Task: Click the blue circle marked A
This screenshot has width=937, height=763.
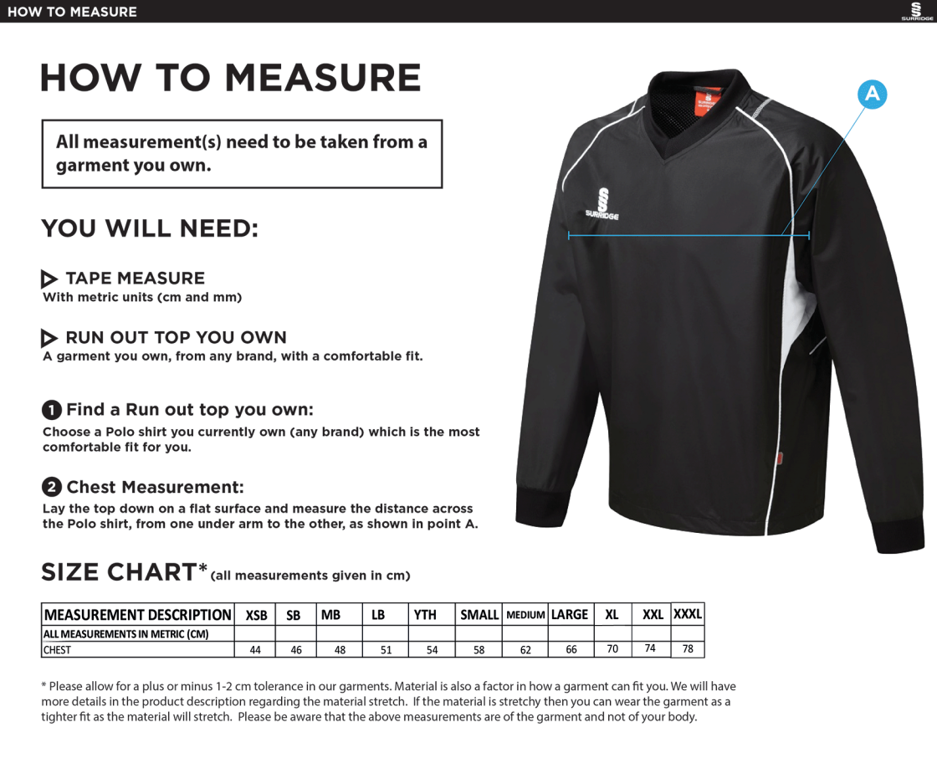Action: tap(872, 95)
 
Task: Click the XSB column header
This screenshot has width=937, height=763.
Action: tap(256, 615)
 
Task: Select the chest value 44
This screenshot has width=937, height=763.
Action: tap(255, 650)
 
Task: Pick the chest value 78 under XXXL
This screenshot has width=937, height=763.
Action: tap(688, 648)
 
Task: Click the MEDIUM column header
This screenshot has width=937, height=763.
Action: tap(525, 615)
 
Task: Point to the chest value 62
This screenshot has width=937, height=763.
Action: tap(525, 650)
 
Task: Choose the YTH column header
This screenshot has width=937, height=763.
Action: tap(425, 615)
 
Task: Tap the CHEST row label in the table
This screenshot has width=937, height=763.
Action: tap(57, 650)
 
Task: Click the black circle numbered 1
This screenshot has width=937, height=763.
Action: tap(52, 410)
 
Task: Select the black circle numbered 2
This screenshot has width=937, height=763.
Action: tap(52, 487)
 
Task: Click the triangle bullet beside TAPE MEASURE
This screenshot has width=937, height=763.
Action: tap(49, 279)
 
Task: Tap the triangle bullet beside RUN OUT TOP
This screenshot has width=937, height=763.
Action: tap(49, 338)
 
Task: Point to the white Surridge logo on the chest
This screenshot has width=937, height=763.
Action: tap(602, 203)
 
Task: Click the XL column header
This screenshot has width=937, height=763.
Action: tap(612, 615)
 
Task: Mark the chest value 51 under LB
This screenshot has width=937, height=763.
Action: tap(386, 650)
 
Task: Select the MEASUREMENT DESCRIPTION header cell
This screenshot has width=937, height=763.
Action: tap(138, 615)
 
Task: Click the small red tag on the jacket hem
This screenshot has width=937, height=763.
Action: tap(780, 458)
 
